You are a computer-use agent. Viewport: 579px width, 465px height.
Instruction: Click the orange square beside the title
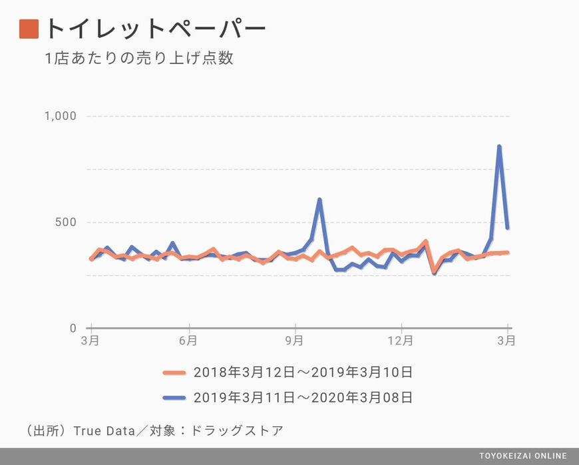(x=29, y=29)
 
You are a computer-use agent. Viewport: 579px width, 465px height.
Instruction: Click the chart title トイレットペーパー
(x=155, y=29)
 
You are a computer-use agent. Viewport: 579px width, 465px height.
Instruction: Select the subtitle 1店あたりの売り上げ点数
(x=138, y=59)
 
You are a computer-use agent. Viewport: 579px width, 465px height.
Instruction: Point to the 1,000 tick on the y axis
(x=61, y=117)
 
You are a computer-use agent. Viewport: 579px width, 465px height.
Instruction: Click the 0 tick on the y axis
(x=73, y=328)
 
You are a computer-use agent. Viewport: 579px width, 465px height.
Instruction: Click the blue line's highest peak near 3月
(x=499, y=147)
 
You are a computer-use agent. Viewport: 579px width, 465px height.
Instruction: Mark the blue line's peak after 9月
(x=320, y=200)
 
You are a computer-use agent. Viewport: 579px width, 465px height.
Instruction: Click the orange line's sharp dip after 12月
(x=435, y=271)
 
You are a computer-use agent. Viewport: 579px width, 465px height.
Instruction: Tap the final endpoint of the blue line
(x=508, y=228)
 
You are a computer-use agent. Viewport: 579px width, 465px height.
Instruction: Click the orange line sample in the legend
(x=175, y=372)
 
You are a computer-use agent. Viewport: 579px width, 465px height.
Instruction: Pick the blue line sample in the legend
(x=175, y=398)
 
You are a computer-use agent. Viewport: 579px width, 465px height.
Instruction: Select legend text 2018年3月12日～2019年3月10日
(x=303, y=372)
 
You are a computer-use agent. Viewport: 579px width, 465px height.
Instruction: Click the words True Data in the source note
(x=100, y=430)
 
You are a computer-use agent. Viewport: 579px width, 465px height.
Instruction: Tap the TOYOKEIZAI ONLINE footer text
(x=523, y=456)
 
